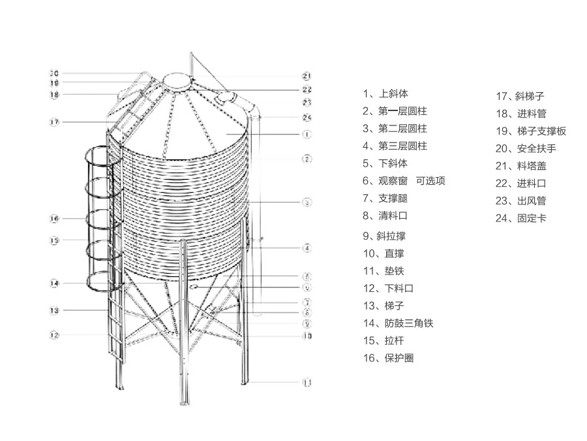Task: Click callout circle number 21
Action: tap(307, 76)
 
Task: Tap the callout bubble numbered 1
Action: tap(307, 134)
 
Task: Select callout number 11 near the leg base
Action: tap(307, 382)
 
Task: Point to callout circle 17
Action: tap(54, 122)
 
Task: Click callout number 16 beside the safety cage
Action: tap(54, 218)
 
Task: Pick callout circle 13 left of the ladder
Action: tap(54, 310)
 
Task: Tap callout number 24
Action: tap(307, 118)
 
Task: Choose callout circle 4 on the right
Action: tap(307, 248)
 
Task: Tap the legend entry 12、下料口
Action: tap(389, 288)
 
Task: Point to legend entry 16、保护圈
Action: tap(389, 358)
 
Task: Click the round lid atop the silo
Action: tap(177, 80)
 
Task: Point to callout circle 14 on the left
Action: tap(54, 284)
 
